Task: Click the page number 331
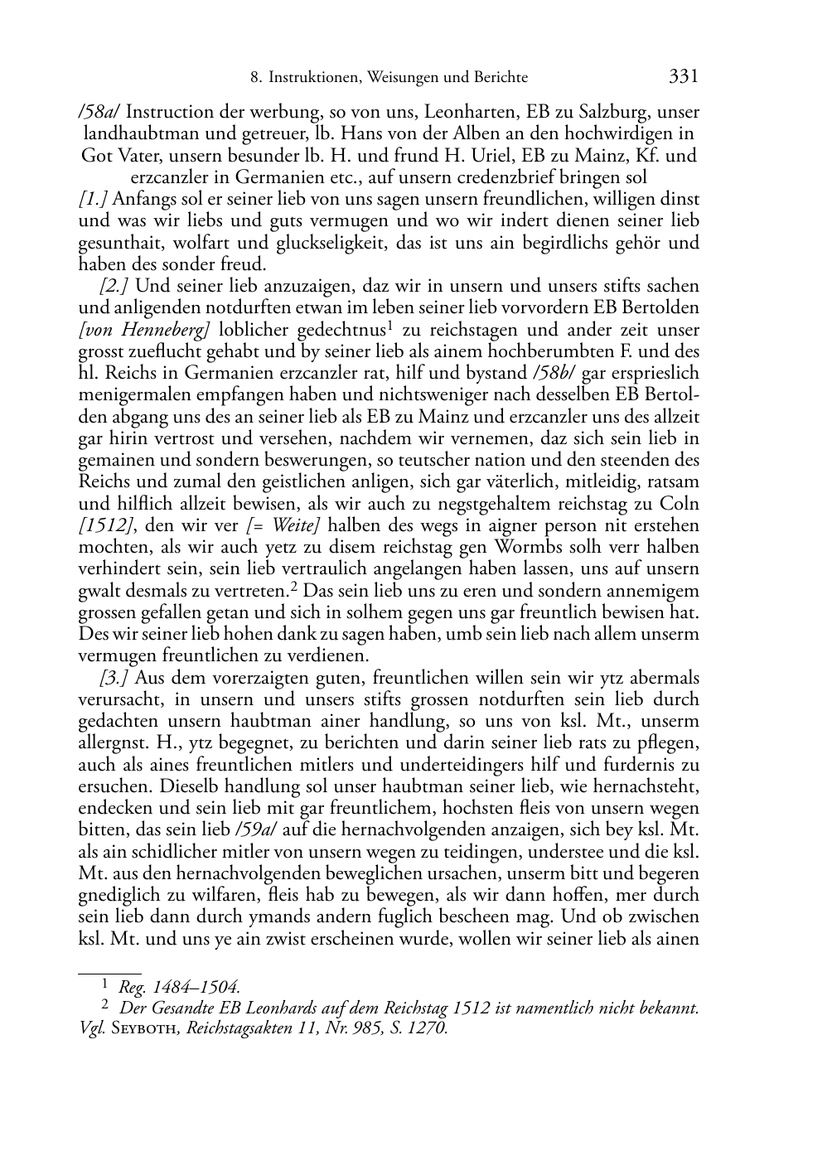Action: (x=684, y=77)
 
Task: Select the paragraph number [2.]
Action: (x=114, y=286)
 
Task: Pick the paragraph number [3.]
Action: (x=114, y=678)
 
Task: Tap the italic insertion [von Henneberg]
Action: (x=143, y=330)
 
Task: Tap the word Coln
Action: (x=680, y=504)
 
